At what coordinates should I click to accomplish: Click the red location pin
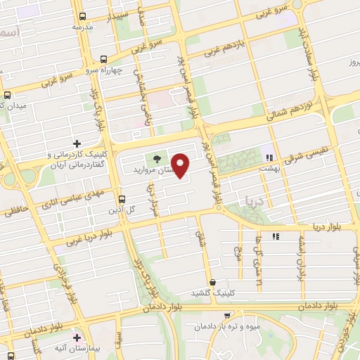tap(181, 165)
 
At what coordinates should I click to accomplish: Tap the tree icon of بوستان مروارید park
tap(156, 158)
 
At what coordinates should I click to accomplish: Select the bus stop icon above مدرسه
tap(83, 16)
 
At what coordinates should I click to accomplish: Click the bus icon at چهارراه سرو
tap(104, 60)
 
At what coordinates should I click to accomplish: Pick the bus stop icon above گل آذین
tap(122, 199)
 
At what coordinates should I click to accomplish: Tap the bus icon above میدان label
tap(7, 94)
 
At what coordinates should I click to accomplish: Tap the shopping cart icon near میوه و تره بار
tap(226, 315)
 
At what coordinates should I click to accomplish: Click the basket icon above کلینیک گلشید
tap(212, 281)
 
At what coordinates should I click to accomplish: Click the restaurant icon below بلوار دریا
tap(276, 236)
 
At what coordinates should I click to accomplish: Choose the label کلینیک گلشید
tap(213, 292)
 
